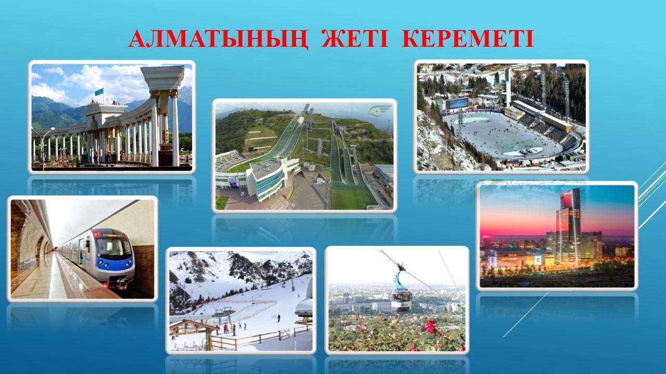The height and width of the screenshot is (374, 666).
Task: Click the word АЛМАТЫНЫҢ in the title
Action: tap(219, 39)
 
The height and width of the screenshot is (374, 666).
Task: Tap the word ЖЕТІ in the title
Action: tap(355, 38)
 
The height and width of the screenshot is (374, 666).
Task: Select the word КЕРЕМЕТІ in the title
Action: tap(468, 38)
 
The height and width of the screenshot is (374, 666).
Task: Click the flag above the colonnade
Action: tap(99, 92)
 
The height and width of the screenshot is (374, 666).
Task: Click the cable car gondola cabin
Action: tap(401, 297)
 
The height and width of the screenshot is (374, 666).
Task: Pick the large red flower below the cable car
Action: tap(430, 326)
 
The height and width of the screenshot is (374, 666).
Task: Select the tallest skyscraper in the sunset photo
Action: tap(569, 225)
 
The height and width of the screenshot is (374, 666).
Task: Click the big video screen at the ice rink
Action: tap(457, 104)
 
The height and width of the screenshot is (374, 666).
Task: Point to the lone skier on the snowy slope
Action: tap(278, 318)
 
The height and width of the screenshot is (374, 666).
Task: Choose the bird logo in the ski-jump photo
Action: tap(379, 111)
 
